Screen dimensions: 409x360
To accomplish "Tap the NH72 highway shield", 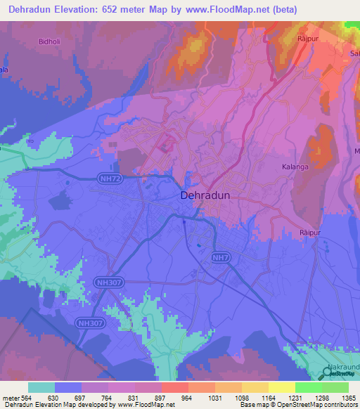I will pyautogui.click(x=110, y=180).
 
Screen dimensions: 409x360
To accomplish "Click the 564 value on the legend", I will pyautogui.click(x=29, y=398).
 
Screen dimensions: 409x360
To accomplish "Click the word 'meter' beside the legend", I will pyautogui.click(x=12, y=398).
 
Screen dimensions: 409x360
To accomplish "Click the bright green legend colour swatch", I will pyautogui.click(x=308, y=387).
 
